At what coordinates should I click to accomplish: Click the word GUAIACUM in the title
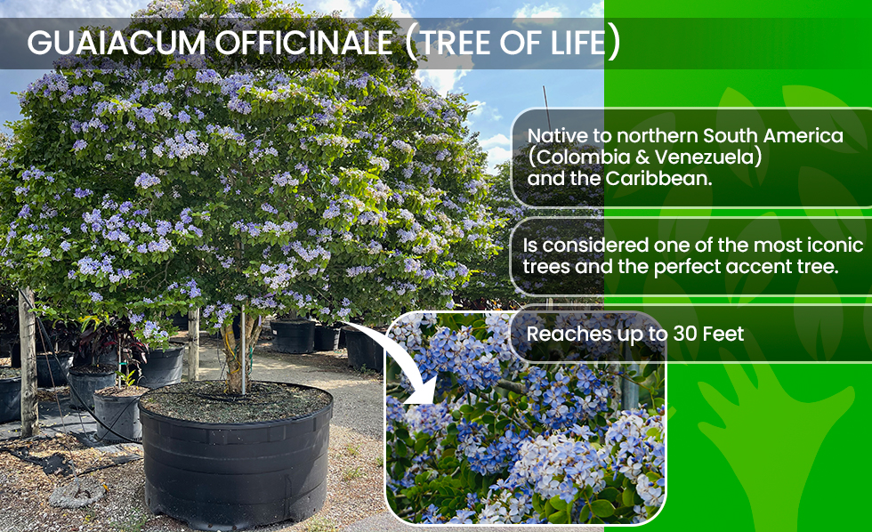pyautogui.click(x=117, y=43)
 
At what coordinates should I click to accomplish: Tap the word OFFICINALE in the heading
pyautogui.click(x=304, y=43)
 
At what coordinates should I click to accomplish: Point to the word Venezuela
pyautogui.click(x=702, y=157)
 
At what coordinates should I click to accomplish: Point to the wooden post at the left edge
pyautogui.click(x=28, y=361)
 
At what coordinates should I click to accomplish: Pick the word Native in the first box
pyautogui.click(x=556, y=136)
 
